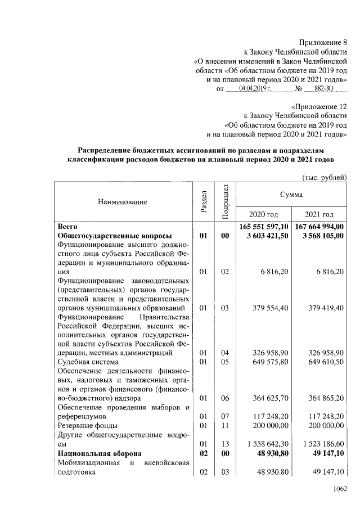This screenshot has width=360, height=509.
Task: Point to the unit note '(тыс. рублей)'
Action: coord(325,178)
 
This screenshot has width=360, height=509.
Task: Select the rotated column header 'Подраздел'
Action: coord(225,201)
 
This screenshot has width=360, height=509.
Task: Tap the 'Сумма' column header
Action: coord(292,194)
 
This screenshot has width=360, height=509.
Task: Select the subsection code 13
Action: coord(225,444)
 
